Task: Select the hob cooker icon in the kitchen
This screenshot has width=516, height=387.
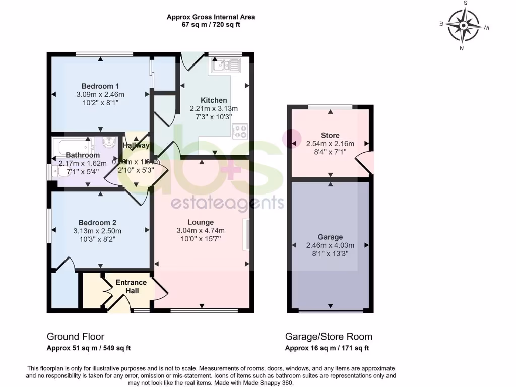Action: pyautogui.click(x=239, y=132)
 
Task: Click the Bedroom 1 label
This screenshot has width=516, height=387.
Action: pyautogui.click(x=100, y=86)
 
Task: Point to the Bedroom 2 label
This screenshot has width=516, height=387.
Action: pyautogui.click(x=97, y=223)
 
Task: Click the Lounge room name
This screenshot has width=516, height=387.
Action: pyautogui.click(x=201, y=222)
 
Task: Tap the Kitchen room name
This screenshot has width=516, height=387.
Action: pyautogui.click(x=214, y=100)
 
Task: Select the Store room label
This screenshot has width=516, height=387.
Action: pyautogui.click(x=330, y=135)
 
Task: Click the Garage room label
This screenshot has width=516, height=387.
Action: pyautogui.click(x=330, y=237)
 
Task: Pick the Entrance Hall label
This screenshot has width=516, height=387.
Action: pyautogui.click(x=131, y=287)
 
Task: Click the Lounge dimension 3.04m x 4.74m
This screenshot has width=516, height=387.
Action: pyautogui.click(x=201, y=231)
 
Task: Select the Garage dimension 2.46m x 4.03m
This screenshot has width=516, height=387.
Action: pyautogui.click(x=330, y=245)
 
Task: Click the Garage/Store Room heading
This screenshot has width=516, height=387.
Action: pyautogui.click(x=329, y=337)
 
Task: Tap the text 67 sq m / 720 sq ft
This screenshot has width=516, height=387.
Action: pyautogui.click(x=211, y=24)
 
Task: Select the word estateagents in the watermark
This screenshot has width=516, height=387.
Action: pyautogui.click(x=227, y=203)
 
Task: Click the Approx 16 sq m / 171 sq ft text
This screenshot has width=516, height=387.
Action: pyautogui.click(x=327, y=348)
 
